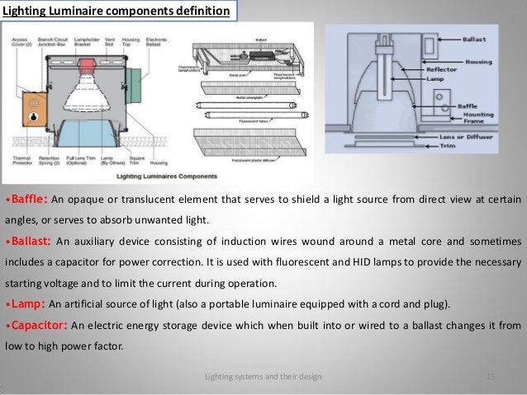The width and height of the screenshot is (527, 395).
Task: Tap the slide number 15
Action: coord(491,377)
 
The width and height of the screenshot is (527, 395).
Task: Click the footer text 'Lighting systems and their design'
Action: coord(263,377)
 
